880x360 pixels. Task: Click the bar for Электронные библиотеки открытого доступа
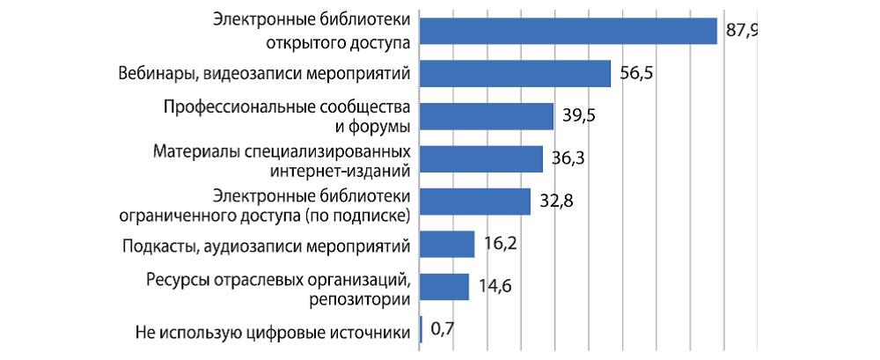(568, 31)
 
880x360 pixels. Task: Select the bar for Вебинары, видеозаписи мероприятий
(515, 73)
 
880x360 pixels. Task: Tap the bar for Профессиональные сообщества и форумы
(487, 116)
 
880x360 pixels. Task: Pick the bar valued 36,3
(481, 158)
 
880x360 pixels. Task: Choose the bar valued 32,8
(475, 202)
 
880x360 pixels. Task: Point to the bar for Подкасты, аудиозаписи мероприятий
(447, 244)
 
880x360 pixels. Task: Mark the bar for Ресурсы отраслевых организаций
(444, 287)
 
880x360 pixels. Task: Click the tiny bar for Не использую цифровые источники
(422, 330)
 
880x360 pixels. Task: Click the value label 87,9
(742, 32)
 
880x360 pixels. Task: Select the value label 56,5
(635, 74)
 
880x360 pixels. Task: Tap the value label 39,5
(578, 116)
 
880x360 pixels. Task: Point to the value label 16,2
(499, 244)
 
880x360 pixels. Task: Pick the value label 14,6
(493, 287)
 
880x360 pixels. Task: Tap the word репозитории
(360, 300)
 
